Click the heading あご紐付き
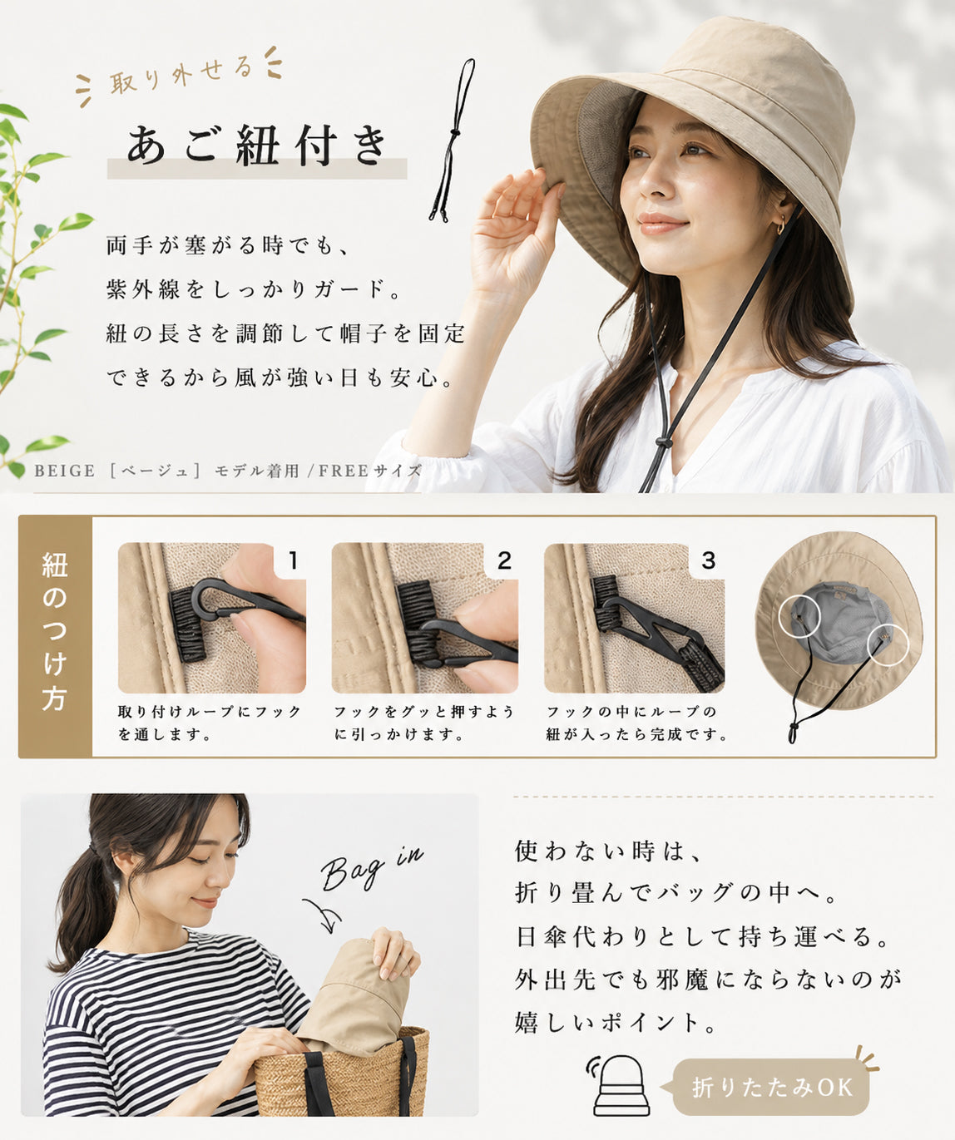[x=257, y=146]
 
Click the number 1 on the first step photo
[x=294, y=560]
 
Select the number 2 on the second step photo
[x=504, y=560]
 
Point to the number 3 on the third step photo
[x=708, y=560]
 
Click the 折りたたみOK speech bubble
[x=770, y=1087]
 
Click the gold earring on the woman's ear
[x=782, y=225]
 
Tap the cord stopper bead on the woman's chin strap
[x=662, y=442]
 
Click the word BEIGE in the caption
[x=64, y=471]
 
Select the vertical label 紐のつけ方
[x=55, y=631]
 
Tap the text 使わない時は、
[x=607, y=851]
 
